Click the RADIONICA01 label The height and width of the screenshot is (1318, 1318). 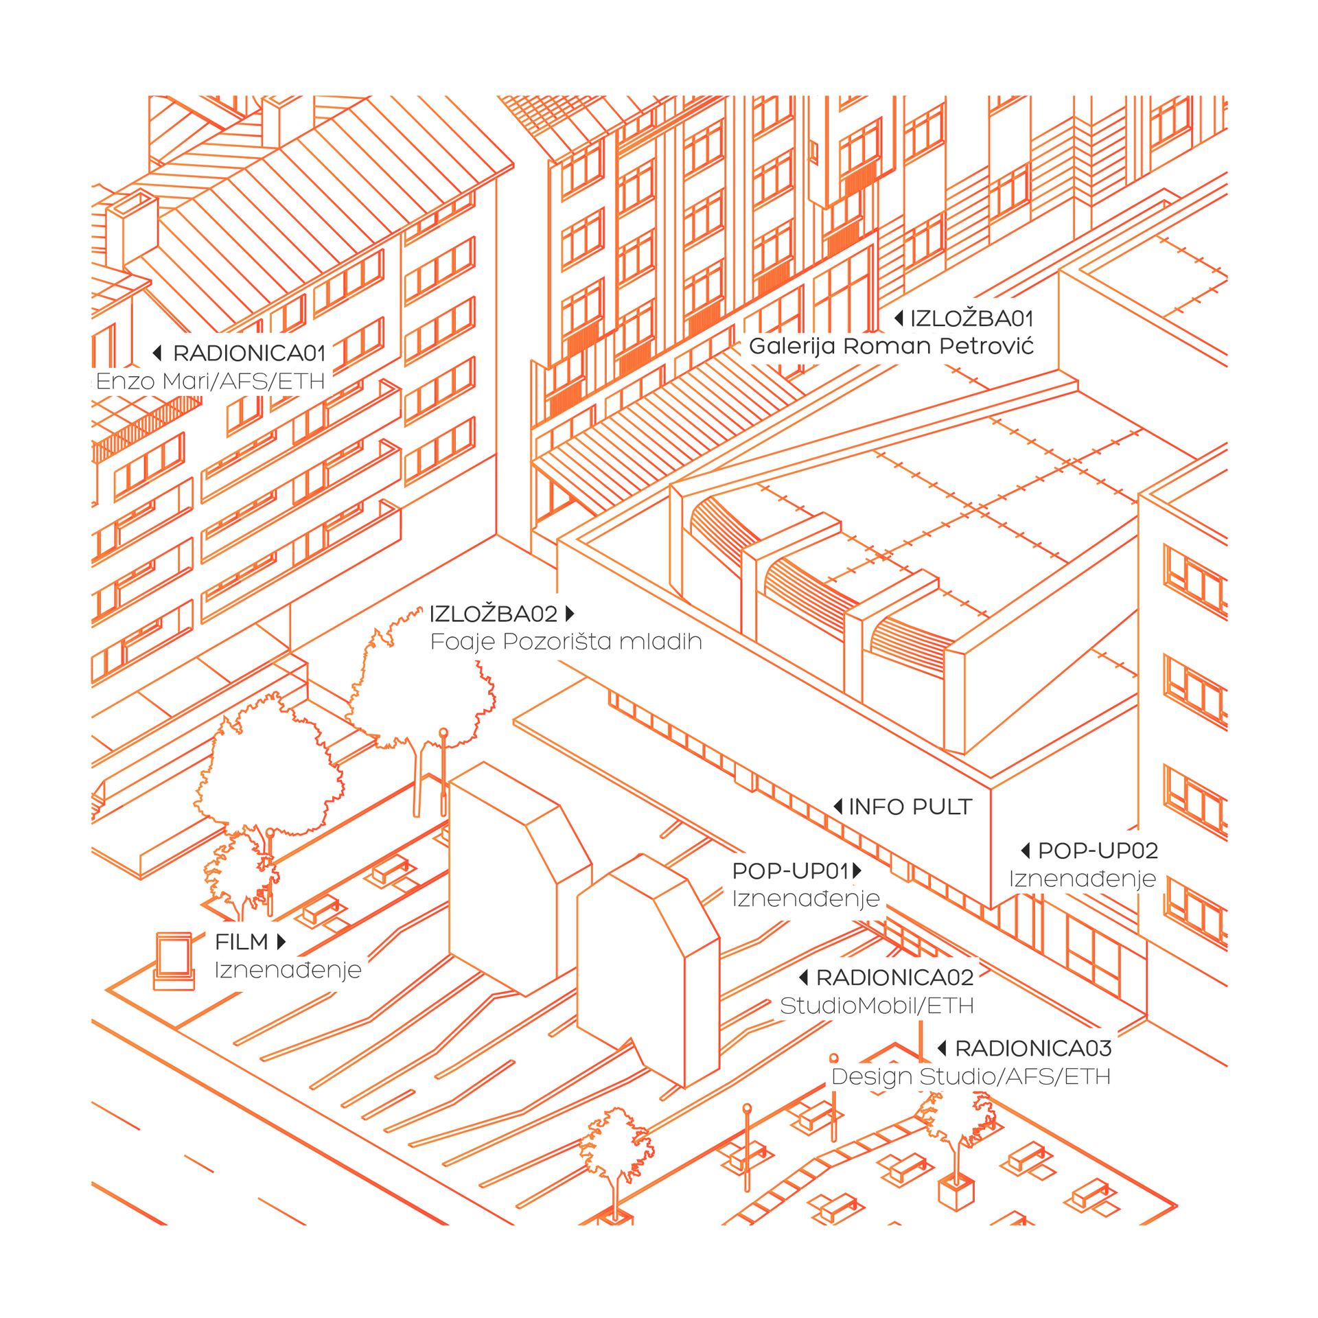point(248,354)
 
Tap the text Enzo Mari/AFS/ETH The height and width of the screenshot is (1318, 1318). point(210,381)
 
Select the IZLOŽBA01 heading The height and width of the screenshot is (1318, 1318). point(971,319)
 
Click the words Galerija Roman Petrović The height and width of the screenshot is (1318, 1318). point(891,346)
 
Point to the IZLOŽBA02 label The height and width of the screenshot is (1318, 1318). point(493,614)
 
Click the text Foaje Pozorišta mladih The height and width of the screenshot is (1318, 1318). point(566,642)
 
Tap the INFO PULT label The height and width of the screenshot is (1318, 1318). point(910,807)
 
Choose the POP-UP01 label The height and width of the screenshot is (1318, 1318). point(791,870)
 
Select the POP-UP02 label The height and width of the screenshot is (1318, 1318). point(1098,851)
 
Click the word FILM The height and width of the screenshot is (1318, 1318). point(242,942)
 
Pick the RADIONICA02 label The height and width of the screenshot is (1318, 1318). point(894,978)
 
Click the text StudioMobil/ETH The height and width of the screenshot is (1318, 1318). point(877,1006)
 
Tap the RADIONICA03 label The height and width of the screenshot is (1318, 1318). point(1033,1048)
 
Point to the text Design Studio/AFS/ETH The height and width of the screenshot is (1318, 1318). point(971,1076)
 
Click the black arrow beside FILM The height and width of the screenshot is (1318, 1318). point(281,942)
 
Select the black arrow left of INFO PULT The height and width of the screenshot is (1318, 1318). point(838,807)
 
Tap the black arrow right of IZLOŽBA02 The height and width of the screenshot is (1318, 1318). point(570,613)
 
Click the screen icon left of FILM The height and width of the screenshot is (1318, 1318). point(174,960)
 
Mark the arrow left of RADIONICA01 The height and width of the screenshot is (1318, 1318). point(157,353)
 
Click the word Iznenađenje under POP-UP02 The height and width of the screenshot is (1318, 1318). point(1083,879)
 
